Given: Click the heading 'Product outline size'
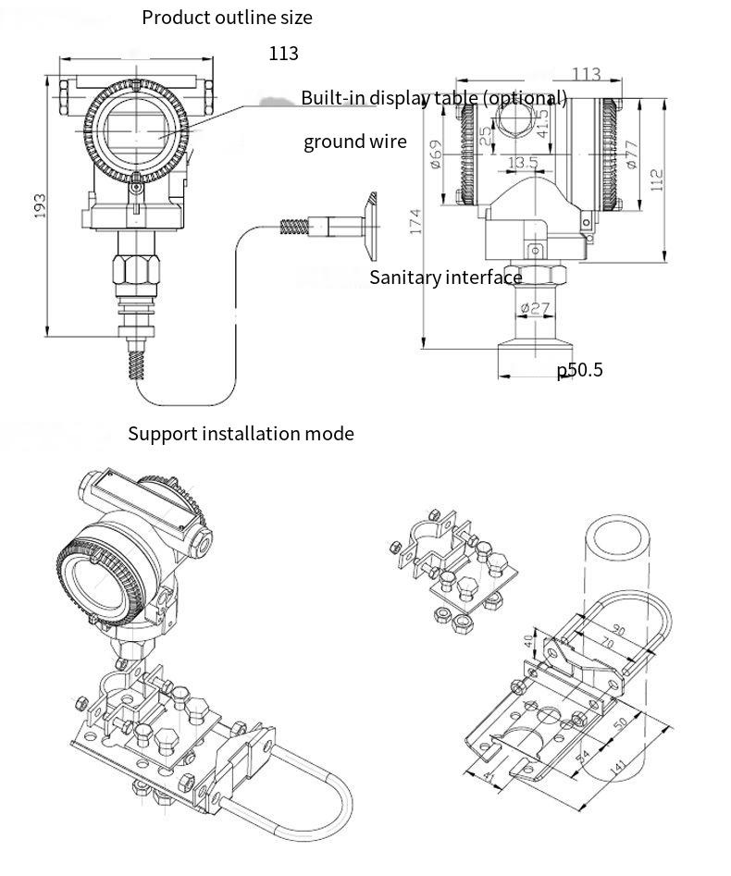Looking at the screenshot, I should [227, 18].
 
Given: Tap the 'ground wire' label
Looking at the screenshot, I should [354, 142].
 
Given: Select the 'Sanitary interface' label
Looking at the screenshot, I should [446, 278].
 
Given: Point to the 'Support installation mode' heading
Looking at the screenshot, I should [241, 433].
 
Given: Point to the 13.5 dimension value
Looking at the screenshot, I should [524, 163].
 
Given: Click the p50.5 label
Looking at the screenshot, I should [579, 370].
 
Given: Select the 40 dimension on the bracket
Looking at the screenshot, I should [529, 638].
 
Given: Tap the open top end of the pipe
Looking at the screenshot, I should [616, 537].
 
